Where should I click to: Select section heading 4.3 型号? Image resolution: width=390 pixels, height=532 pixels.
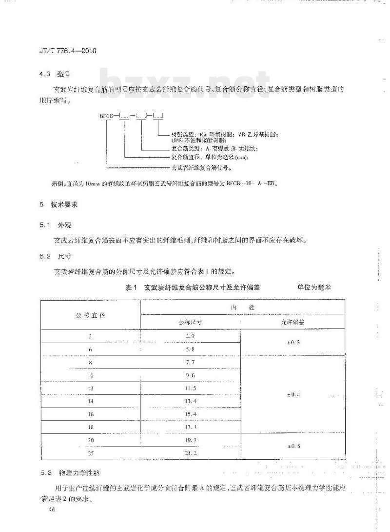point(54,74)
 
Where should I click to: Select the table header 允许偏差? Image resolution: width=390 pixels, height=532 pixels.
point(292,323)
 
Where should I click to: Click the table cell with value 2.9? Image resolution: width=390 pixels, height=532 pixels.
point(191,337)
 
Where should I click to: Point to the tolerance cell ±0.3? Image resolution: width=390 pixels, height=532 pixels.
point(292,343)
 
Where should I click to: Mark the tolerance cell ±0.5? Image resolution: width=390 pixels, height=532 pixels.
point(292,446)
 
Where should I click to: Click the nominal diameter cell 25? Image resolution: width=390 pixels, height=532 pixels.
point(90,453)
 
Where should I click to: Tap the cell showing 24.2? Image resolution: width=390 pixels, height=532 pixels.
point(191,453)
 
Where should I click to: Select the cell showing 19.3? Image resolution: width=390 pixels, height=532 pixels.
point(191,440)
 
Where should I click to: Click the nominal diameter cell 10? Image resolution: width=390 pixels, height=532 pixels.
point(90,375)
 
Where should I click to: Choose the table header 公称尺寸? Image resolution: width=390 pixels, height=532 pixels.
point(191,323)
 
